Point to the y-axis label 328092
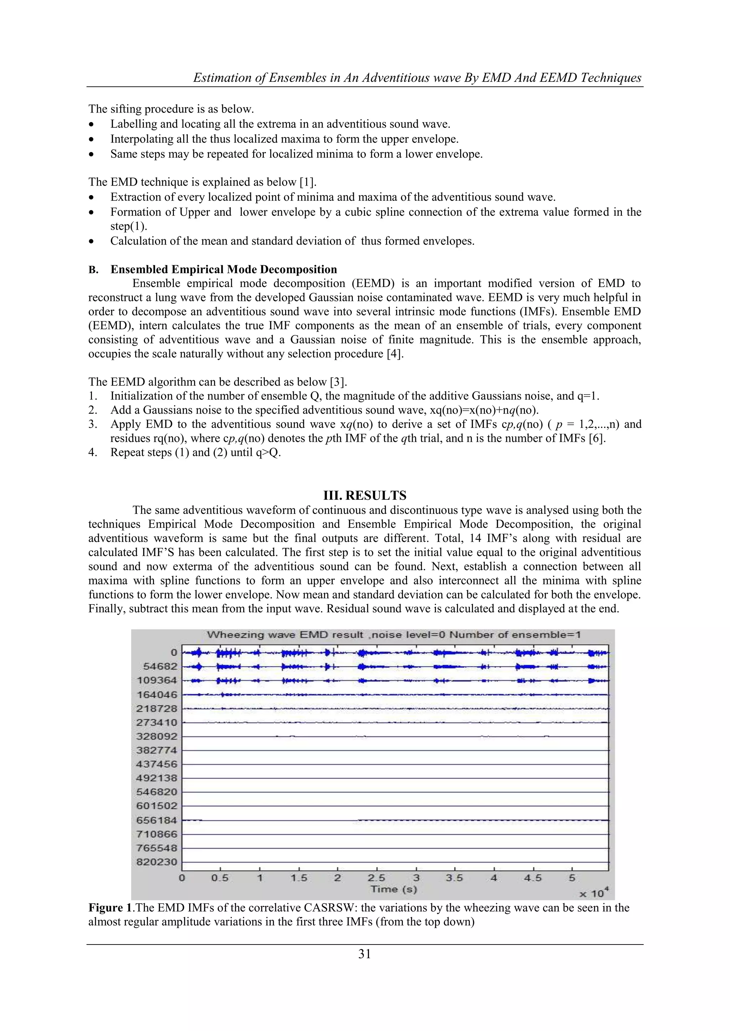pos(157,737)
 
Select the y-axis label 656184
pos(157,820)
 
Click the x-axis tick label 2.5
pos(376,878)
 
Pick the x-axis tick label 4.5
pos(533,878)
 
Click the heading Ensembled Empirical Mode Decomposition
pos(223,269)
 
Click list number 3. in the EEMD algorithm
pos(93,424)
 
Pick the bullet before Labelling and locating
pos(92,124)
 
